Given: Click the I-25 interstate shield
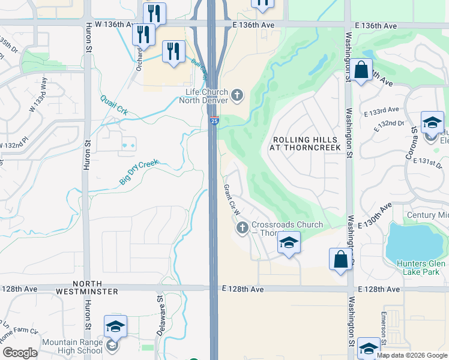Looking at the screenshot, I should coord(214,121).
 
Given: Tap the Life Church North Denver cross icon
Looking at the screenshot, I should coord(238,94).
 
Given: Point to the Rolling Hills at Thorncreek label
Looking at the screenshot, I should coord(307,143).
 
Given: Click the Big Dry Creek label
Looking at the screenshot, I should coord(139,172).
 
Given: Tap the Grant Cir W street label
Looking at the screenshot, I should coord(231,200).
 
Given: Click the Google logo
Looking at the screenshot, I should coord(20,352).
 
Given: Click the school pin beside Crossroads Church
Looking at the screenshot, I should coord(289,243).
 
